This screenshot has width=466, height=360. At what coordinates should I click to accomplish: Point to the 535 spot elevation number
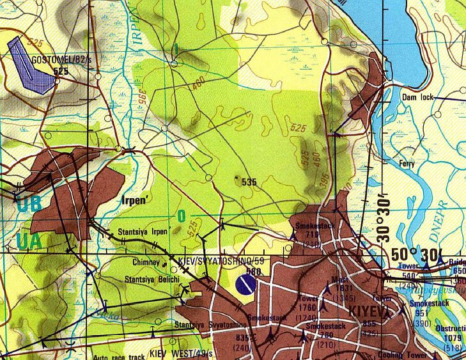pyautogui.click(x=249, y=182)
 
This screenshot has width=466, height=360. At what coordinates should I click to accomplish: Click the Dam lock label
pyautogui.click(x=419, y=97)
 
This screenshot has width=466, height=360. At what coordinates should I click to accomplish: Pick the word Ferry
pyautogui.click(x=407, y=164)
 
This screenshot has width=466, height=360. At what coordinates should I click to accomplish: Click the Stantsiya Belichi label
pyautogui.click(x=153, y=279)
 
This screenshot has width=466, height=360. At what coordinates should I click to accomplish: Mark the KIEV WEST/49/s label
pyautogui.click(x=182, y=352)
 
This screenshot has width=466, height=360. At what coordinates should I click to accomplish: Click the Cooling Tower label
pyautogui.click(x=403, y=356)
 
